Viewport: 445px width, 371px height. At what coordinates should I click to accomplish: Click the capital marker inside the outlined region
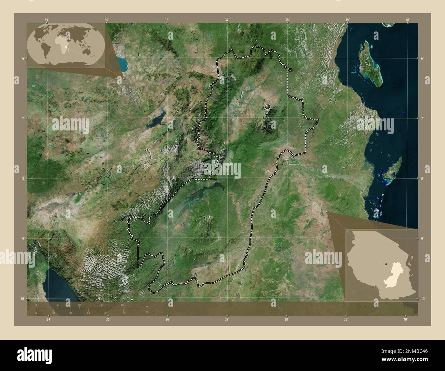pos(267,107)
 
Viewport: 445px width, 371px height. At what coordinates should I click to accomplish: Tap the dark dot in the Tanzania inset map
pos(386,264)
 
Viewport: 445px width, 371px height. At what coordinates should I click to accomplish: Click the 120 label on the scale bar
pos(101,305)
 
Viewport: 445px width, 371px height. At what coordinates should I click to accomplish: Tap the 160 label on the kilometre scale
pos(123,305)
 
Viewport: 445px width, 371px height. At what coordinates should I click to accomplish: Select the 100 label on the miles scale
pos(123,313)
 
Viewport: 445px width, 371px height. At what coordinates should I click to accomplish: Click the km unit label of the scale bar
pos(148,306)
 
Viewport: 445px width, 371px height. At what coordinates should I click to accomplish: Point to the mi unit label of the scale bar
pos(147,312)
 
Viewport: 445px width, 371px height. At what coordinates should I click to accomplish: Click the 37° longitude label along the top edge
pos(227,20)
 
